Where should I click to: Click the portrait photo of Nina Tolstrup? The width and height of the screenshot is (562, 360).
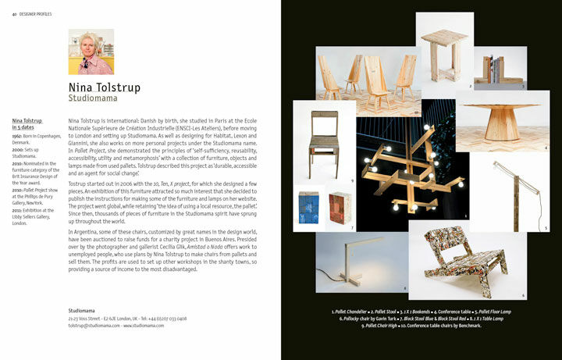click(91, 52)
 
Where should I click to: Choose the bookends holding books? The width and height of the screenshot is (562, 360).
click(489, 72)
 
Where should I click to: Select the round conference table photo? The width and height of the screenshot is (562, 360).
click(501, 123)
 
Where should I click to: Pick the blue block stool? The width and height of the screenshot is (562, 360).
click(311, 209)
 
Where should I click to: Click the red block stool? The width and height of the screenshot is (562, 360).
click(341, 209)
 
